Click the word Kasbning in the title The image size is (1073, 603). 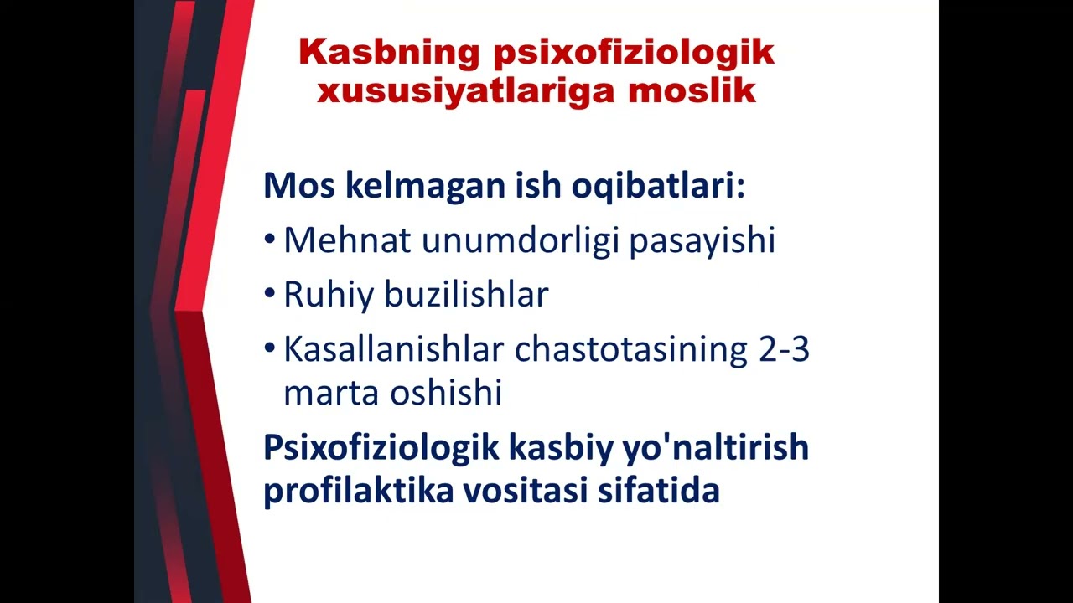[x=388, y=53]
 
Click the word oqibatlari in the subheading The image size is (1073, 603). [x=658, y=185]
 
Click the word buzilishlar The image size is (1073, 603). [x=467, y=295]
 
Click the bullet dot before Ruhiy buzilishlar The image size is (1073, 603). [x=269, y=294]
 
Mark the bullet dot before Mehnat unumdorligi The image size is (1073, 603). [x=269, y=240]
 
